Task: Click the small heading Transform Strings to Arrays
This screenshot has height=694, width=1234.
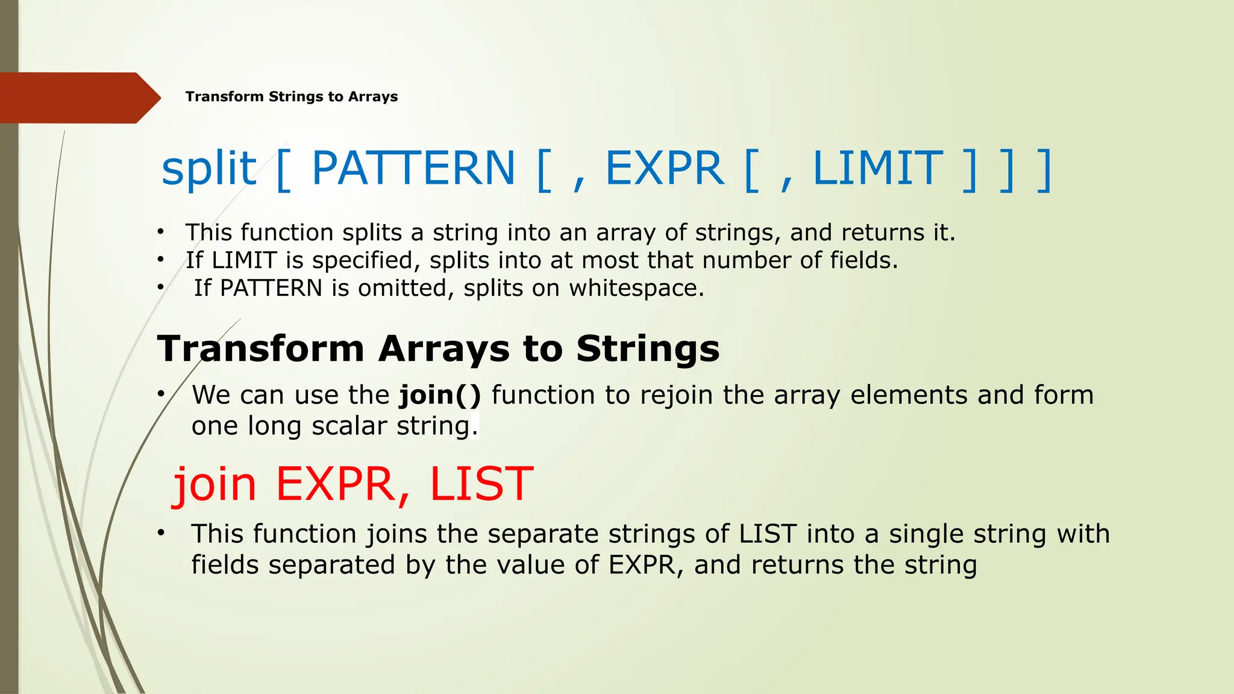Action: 291,97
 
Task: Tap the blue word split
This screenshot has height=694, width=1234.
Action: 209,169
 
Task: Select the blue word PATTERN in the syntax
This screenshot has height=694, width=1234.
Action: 413,169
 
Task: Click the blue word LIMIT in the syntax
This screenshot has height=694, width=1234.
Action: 877,169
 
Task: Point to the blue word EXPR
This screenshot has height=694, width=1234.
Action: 664,169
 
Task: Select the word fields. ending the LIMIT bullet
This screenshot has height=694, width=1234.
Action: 863,260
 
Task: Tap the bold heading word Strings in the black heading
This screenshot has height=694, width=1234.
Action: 648,349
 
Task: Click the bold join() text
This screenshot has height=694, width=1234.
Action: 440,395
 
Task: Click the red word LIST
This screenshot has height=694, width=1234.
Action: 481,484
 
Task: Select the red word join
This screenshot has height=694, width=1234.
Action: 215,484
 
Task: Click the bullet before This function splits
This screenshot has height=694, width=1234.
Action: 160,233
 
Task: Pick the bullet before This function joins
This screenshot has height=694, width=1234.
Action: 160,533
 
